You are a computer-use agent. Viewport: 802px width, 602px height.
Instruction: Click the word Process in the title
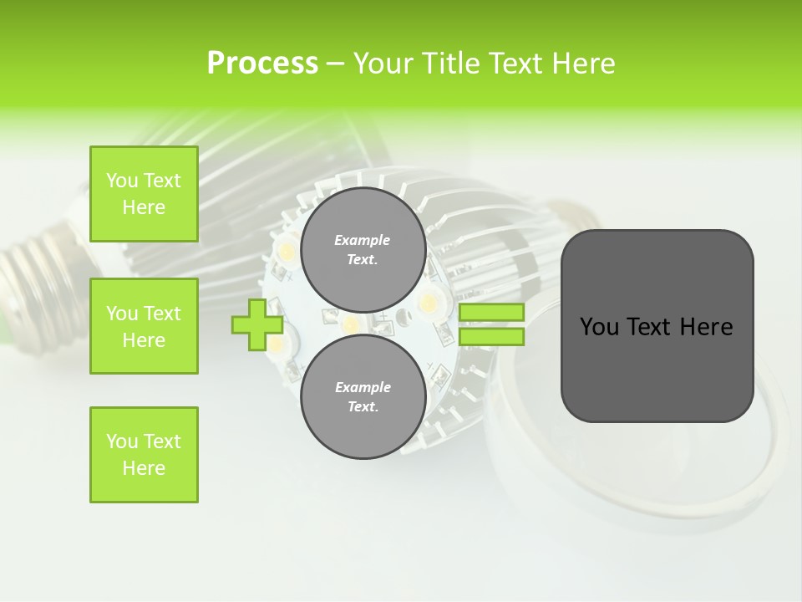tap(262, 64)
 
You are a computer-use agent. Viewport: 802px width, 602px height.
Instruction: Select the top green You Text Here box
tap(144, 194)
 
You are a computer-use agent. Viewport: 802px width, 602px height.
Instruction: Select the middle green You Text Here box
tap(144, 326)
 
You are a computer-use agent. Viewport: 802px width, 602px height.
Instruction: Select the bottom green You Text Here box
tap(144, 455)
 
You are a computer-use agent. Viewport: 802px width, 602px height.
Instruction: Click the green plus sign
tap(257, 324)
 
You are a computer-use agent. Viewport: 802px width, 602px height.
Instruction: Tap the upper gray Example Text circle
tap(363, 250)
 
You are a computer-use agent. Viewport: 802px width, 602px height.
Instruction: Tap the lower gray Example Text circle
tap(363, 396)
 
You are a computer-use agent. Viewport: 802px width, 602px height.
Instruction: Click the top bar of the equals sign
tap(491, 313)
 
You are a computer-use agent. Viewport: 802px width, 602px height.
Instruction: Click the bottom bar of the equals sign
tap(491, 337)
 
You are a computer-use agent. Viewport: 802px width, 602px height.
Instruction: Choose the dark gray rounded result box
tap(657, 326)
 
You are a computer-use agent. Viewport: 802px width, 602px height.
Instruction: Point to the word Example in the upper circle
tap(363, 240)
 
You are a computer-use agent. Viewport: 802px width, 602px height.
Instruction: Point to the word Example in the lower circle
tap(363, 387)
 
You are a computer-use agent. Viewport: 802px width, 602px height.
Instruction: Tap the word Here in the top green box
tap(144, 207)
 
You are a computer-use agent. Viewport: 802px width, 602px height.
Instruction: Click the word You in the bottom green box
tap(122, 441)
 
